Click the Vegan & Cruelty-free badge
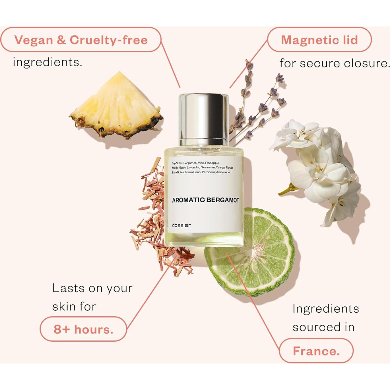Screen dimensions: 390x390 pos(81,40)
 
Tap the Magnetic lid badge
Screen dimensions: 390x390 pos(319,40)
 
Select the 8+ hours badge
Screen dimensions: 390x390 pos(83,329)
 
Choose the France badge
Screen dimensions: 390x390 pos(316,351)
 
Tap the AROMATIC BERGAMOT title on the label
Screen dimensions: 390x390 pos(205,200)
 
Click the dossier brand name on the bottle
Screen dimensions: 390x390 pos(181,225)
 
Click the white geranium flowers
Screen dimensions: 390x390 pos(319,168)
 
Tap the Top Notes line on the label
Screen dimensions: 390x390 pos(195,163)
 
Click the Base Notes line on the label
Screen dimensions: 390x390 pos(201,172)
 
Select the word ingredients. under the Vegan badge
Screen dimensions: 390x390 pos(48,62)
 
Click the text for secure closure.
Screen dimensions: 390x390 pos(334,63)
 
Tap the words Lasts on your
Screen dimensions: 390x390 pos(92,288)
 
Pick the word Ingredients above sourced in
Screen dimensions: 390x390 pos(326,309)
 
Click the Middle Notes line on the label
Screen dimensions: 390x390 pos(203,168)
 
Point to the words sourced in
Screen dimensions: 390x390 pos(323,327)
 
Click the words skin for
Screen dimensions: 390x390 pos(74,307)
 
